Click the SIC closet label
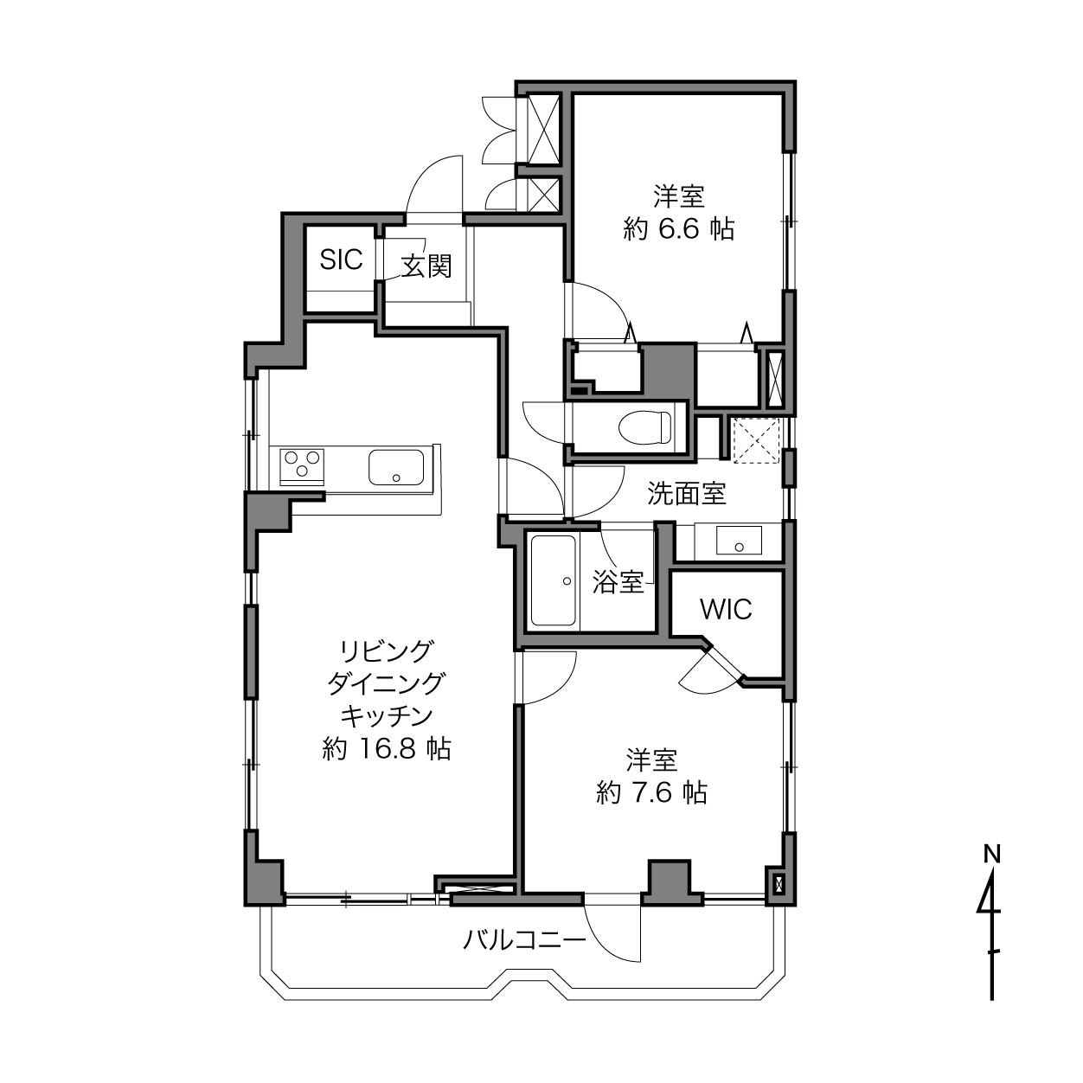tap(341, 260)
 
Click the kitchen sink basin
tap(395, 467)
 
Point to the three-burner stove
tap(302, 467)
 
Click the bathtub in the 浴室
tap(554, 580)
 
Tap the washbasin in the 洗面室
tap(739, 540)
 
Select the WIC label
tap(726, 609)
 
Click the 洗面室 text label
tap(687, 493)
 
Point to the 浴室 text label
tap(618, 582)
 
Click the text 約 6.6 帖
tap(679, 229)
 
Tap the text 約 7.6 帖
tap(652, 792)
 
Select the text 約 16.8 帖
tap(388, 749)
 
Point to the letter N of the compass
tap(992, 855)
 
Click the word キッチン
tap(388, 716)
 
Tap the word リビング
tap(388, 651)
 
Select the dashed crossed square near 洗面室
tap(757, 440)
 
